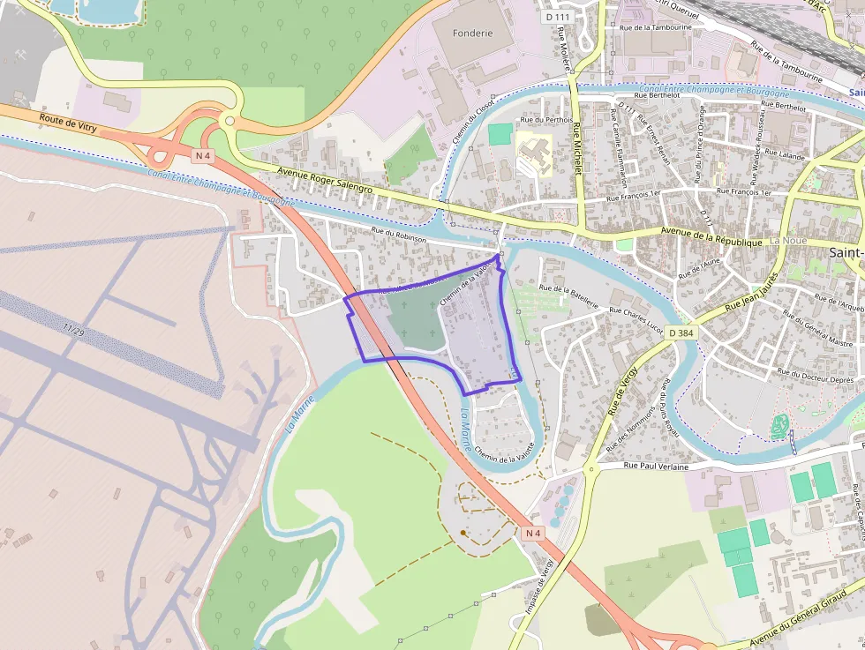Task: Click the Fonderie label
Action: click(472, 33)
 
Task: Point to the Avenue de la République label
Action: click(712, 238)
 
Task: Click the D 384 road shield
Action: click(681, 332)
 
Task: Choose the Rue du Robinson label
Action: click(399, 235)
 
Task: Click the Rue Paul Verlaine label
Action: click(655, 465)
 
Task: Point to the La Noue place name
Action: click(787, 241)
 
